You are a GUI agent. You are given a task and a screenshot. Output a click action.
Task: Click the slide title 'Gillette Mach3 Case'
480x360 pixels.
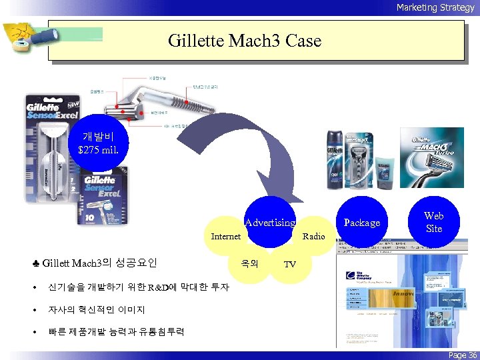245,41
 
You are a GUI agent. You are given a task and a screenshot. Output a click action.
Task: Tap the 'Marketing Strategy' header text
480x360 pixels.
435,7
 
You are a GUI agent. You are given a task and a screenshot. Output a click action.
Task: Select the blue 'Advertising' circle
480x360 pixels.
270,222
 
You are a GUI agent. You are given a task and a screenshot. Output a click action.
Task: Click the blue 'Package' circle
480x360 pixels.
361,222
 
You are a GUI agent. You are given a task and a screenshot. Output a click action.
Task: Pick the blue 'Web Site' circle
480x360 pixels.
433,222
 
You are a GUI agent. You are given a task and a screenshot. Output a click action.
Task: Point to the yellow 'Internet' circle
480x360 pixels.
226,237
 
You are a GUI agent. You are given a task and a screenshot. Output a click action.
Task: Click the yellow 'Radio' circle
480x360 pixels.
313,237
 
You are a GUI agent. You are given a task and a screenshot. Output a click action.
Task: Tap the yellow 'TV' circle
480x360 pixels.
290,263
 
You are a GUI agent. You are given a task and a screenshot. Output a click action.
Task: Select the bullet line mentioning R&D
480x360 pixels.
137,287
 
